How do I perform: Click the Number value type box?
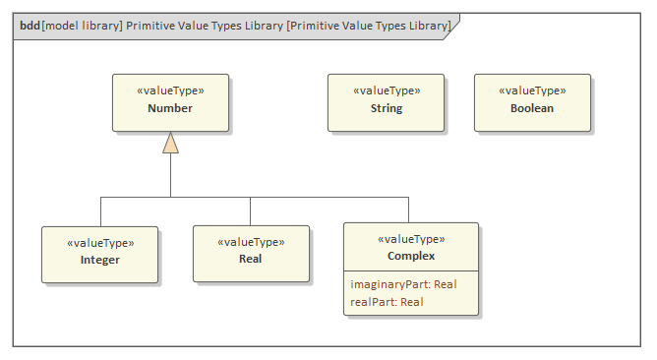click(170, 102)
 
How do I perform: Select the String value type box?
click(386, 102)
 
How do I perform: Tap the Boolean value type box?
click(532, 102)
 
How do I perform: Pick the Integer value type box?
click(99, 254)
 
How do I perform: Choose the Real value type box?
click(250, 254)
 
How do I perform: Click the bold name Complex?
click(411, 256)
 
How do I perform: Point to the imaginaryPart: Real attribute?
click(403, 284)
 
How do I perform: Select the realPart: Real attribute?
click(387, 302)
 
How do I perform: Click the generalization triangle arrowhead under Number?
click(170, 144)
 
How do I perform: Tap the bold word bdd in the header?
click(30, 25)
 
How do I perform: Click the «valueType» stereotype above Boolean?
click(532, 90)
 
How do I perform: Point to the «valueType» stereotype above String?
click(387, 90)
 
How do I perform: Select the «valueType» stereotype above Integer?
click(99, 242)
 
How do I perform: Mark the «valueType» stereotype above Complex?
click(411, 239)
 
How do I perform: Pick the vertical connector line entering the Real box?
click(250, 210)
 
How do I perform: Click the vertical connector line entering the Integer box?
click(100, 210)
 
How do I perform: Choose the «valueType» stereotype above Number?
click(170, 90)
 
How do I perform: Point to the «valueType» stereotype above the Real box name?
click(250, 241)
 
